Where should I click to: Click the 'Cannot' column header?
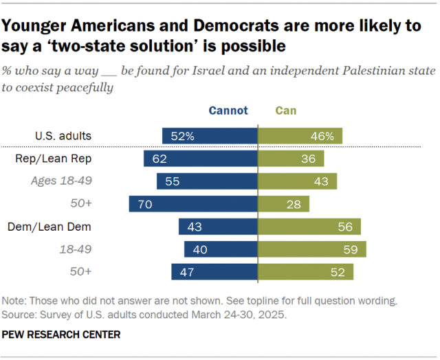click(228, 110)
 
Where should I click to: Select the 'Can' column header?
click(286, 110)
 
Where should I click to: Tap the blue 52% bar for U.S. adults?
click(210, 136)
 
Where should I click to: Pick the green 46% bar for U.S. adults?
click(300, 136)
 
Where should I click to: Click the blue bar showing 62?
click(200, 159)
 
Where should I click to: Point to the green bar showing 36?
click(290, 159)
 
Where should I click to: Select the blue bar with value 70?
click(193, 204)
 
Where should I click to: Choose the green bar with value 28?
click(283, 204)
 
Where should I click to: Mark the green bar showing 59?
click(311, 249)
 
